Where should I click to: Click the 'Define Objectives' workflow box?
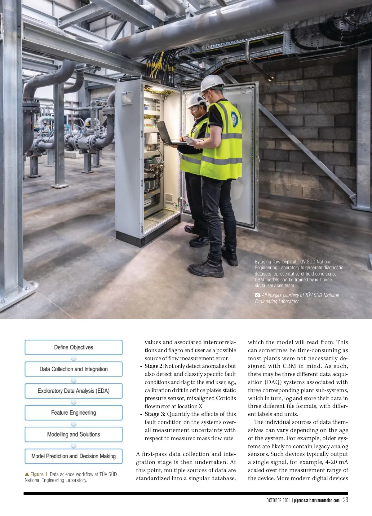pos(73,347)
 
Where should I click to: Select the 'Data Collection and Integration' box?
pos(73,369)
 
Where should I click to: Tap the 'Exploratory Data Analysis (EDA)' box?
pos(73,391)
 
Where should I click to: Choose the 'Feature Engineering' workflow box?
pos(73,413)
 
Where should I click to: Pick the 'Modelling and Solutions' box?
pos(73,434)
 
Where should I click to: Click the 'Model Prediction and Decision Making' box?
pos(73,456)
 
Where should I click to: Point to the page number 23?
pos(345,500)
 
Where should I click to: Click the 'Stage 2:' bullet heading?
pos(154,366)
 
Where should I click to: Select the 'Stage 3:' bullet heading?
pos(155,414)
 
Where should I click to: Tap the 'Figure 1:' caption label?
pos(39,474)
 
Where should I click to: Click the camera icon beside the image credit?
pos(257,295)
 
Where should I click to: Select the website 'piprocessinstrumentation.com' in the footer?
pos(317,500)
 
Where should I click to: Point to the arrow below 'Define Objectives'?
pos(73,359)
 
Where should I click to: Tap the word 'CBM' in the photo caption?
pos(259,280)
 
